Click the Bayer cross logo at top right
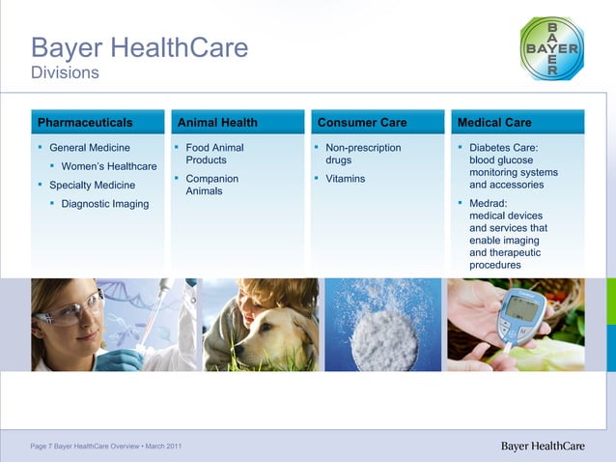(551, 47)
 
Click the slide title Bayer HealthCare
(139, 46)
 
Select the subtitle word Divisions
(65, 72)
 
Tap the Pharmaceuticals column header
(85, 123)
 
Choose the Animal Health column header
(217, 123)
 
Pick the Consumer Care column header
(362, 123)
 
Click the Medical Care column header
(494, 123)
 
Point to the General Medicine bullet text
(89, 148)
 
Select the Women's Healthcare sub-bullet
(108, 166)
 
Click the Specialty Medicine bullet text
(92, 185)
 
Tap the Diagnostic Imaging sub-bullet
(104, 204)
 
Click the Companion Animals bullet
(211, 185)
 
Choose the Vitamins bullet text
(345, 179)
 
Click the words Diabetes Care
(503, 148)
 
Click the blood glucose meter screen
(524, 307)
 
